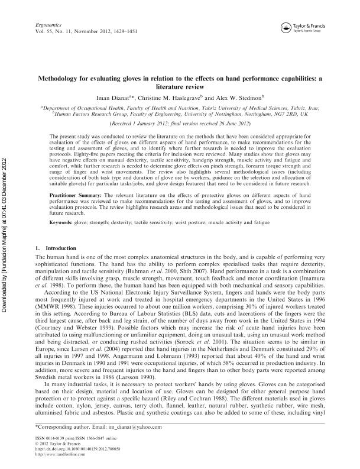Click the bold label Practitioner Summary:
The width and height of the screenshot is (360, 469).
pos(75,193)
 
